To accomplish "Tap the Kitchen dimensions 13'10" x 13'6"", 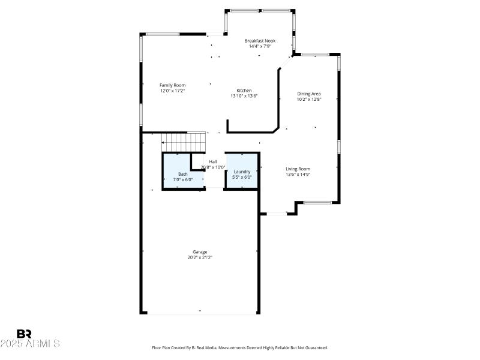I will coord(244,95).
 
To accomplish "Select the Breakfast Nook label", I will coord(260,41).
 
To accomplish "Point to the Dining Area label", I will coord(309,94).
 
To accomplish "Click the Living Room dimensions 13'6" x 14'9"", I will coord(298,175).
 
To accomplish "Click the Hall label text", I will coord(213,161).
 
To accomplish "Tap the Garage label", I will coord(200,251).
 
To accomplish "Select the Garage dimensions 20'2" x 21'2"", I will coord(200,257).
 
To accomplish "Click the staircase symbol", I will coord(184,142).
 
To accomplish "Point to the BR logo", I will coord(24,334).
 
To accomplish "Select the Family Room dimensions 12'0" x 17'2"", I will coord(172,91).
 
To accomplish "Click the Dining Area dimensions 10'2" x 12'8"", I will coord(309,99).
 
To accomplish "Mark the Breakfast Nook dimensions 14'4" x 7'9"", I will coord(260,46).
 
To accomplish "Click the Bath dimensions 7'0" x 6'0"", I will coord(182,179).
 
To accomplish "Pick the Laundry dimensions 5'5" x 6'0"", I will coord(242,177).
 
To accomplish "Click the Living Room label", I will coord(298,169).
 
